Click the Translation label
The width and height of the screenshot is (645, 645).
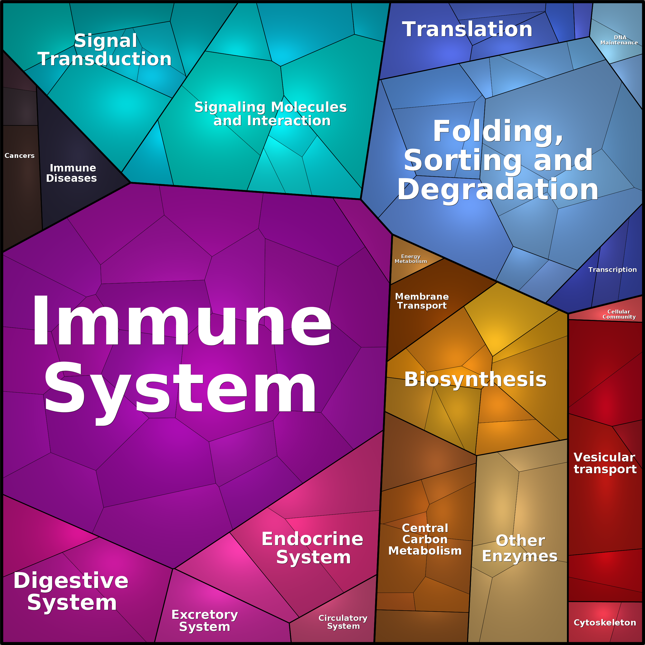click(467, 29)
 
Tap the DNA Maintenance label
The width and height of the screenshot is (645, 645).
click(619, 40)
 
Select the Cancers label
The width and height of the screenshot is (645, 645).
click(19, 156)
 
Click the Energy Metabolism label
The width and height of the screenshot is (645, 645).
click(411, 259)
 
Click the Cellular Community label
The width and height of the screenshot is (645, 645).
click(619, 314)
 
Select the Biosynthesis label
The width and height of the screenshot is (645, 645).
click(475, 380)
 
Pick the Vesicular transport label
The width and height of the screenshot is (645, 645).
click(605, 463)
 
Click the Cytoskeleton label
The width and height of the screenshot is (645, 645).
click(605, 622)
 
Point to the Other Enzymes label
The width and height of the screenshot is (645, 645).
click(520, 548)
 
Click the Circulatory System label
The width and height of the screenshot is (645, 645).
click(343, 622)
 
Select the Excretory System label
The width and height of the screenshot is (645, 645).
click(205, 621)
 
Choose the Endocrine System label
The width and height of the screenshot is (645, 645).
click(312, 548)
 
